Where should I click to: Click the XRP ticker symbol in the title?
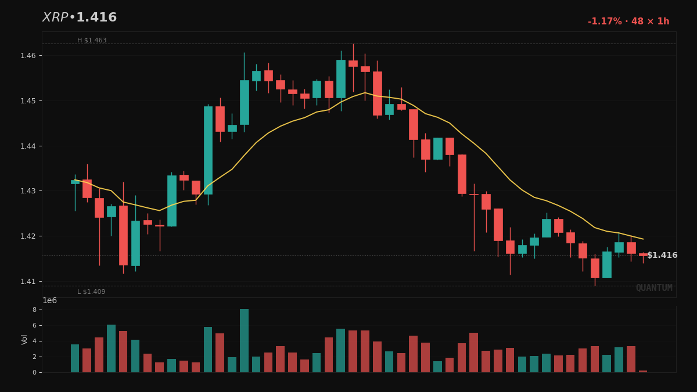coord(55,18)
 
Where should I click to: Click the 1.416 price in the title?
coord(96,18)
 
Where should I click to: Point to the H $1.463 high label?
coord(92,41)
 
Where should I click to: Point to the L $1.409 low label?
coord(91,292)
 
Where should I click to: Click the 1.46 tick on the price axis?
coord(28,56)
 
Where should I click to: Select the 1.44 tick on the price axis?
coord(28,146)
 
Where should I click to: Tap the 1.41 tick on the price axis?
coord(28,282)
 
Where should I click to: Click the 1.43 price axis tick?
coord(28,191)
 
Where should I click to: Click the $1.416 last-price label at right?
coord(662,256)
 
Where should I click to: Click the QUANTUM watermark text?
coord(654,288)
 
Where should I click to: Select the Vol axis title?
coord(24,339)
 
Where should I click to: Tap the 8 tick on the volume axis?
coord(34,310)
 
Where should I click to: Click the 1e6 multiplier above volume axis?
coord(50,301)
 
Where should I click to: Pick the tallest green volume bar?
coord(244,341)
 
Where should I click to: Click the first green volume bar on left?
coord(75,358)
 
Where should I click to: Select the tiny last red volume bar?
coord(643,371)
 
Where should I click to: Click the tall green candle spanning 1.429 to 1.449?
coord(208,150)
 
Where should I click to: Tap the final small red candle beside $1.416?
coord(643,254)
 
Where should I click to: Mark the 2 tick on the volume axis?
coord(34,357)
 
